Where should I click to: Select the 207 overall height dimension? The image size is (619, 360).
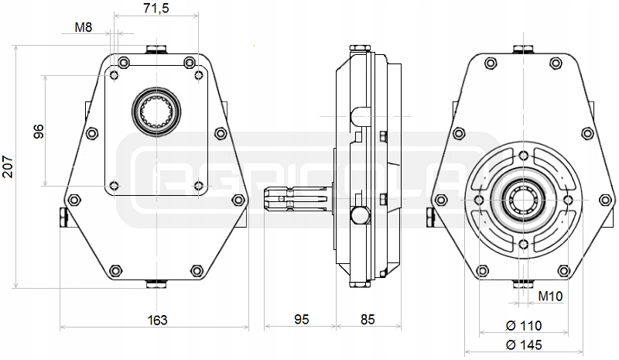pos(9,165)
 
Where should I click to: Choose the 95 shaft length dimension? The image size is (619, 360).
pos(301,319)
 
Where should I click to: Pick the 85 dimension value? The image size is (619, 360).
pos(368,319)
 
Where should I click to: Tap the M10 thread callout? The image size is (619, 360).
pos(550,297)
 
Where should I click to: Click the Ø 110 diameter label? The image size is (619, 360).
pos(524,325)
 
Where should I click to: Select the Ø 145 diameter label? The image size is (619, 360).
pos(524,345)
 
